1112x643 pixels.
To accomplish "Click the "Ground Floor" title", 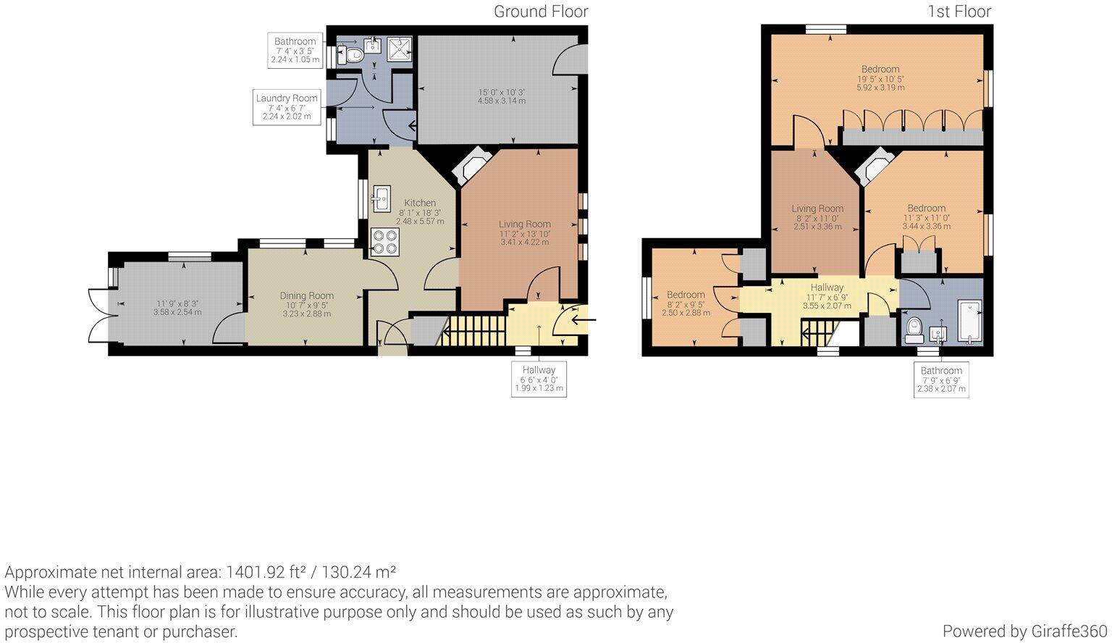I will [540, 12].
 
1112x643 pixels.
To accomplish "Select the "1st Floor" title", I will [959, 12].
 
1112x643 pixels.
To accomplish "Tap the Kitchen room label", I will [420, 203].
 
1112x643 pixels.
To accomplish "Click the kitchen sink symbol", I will [381, 196].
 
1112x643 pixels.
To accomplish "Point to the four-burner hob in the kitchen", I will [384, 242].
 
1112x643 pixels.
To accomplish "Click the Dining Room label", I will [306, 295].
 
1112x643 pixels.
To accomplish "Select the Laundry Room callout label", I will [286, 98].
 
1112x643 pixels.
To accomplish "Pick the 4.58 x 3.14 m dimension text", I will [501, 101].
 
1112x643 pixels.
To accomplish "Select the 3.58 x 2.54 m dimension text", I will [177, 313].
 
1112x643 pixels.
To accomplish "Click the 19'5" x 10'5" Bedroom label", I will [880, 70].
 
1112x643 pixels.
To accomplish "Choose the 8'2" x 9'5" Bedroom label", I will [685, 295].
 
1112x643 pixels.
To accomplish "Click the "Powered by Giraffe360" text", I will [1024, 631].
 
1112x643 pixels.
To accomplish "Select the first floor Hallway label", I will [826, 287].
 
